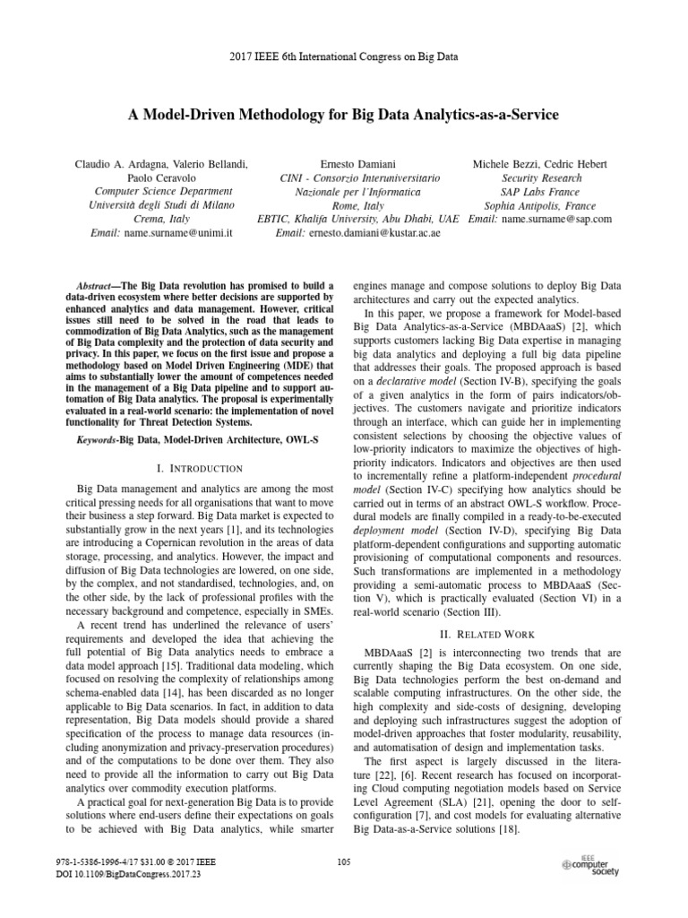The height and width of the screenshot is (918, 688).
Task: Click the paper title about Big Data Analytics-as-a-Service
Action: [345, 116]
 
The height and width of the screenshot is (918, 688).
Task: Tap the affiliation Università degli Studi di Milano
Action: [162, 204]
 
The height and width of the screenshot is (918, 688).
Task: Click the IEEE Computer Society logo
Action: [589, 864]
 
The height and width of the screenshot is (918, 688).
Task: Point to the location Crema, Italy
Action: [162, 219]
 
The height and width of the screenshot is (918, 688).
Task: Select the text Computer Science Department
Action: [162, 191]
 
